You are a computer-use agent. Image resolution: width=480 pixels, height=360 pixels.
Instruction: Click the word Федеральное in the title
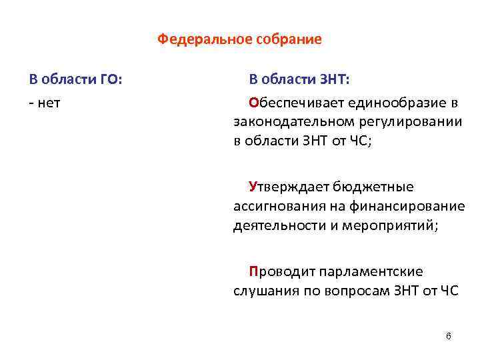click(198, 39)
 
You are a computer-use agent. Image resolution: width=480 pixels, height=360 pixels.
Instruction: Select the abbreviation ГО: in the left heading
click(109, 81)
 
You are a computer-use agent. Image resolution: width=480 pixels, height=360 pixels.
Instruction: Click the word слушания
click(261, 291)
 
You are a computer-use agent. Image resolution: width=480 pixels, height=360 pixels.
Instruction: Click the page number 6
click(449, 335)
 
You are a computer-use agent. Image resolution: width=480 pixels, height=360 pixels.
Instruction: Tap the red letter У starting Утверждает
click(253, 187)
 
